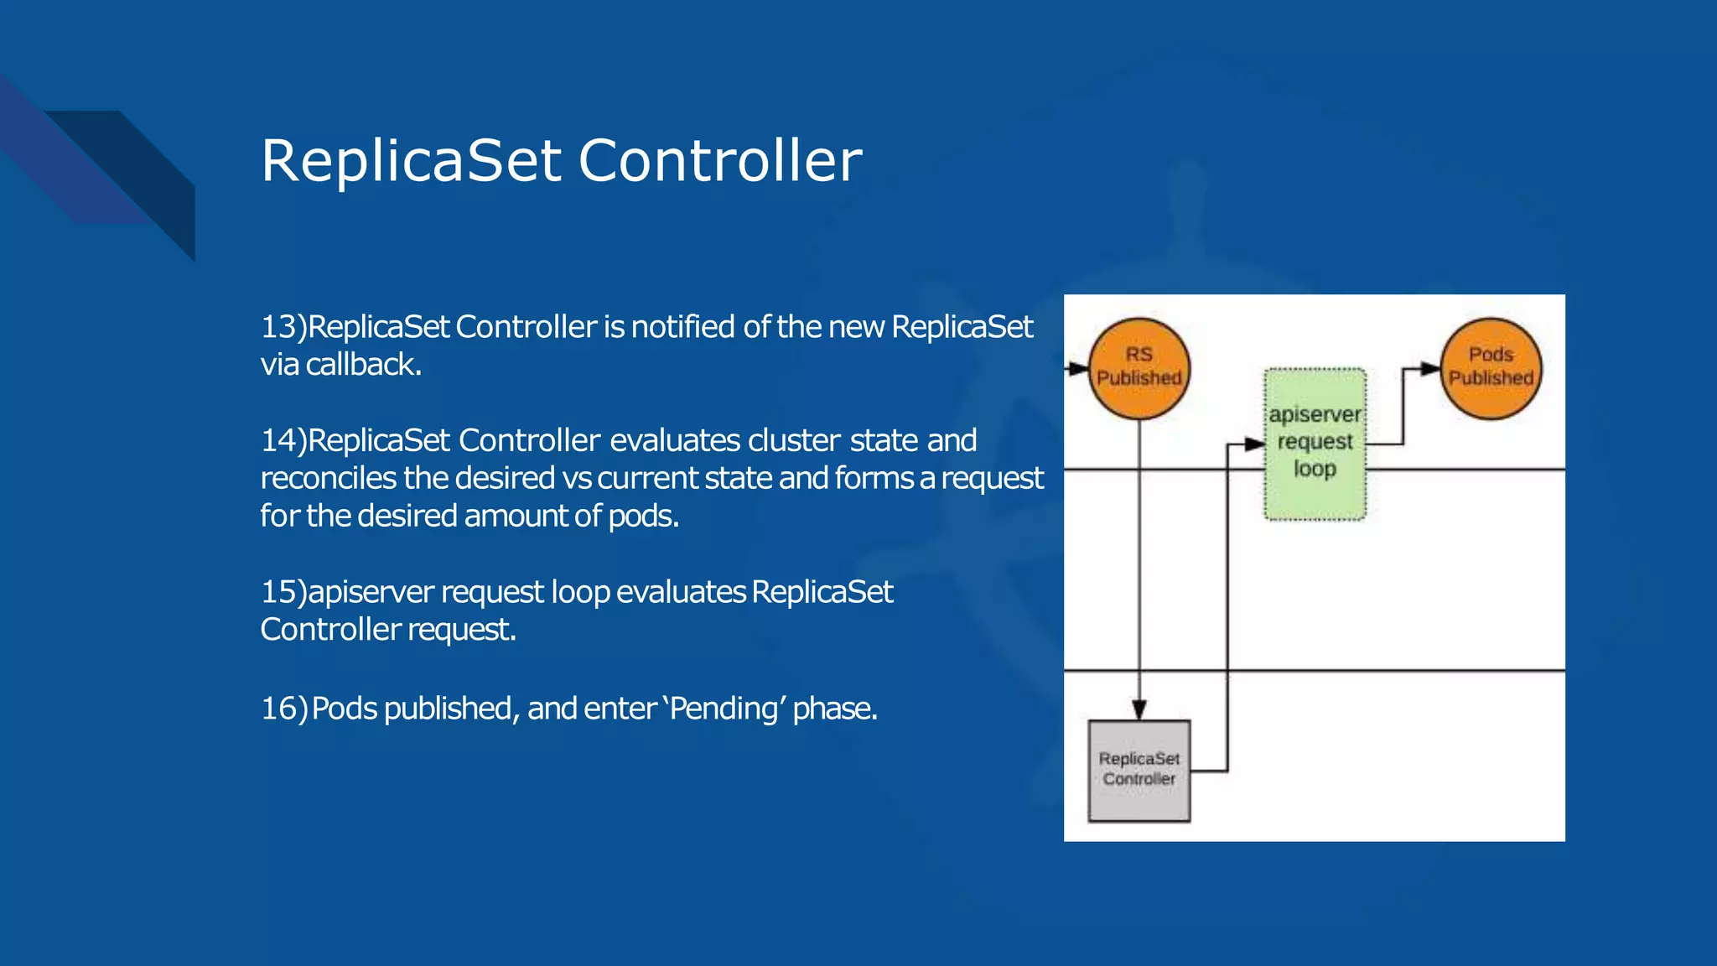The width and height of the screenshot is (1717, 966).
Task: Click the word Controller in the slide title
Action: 720,160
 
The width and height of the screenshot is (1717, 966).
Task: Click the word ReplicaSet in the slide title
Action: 411,160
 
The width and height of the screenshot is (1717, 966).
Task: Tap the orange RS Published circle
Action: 1139,368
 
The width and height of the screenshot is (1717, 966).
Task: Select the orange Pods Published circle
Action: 1491,368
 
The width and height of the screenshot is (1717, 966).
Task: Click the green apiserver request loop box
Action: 1315,444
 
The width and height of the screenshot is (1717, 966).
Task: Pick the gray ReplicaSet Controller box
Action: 1139,770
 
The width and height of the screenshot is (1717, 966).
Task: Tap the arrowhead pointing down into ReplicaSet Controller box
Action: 1139,710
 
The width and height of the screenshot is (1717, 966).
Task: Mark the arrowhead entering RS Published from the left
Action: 1080,368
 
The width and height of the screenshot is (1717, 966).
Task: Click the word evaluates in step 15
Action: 681,592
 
